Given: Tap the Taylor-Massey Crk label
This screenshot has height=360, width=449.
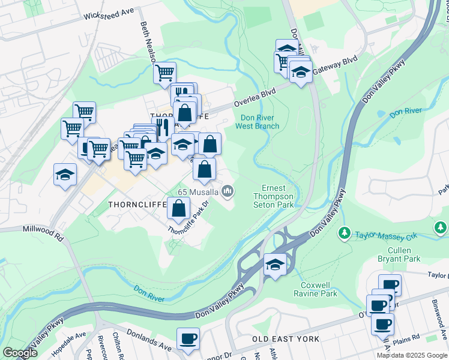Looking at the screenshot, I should (x=385, y=236).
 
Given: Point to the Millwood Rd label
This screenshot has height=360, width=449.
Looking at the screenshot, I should (x=43, y=230).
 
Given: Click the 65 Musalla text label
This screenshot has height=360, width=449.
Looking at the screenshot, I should (x=197, y=192).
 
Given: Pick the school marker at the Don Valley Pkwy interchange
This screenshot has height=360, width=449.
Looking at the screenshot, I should (x=274, y=265).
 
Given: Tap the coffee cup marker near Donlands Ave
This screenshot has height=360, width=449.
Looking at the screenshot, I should (x=188, y=338).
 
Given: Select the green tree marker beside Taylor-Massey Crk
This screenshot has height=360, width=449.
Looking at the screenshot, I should (x=345, y=232).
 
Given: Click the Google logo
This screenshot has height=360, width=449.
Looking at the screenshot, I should (x=19, y=353).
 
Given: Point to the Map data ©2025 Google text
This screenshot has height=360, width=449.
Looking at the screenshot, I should (x=412, y=355).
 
